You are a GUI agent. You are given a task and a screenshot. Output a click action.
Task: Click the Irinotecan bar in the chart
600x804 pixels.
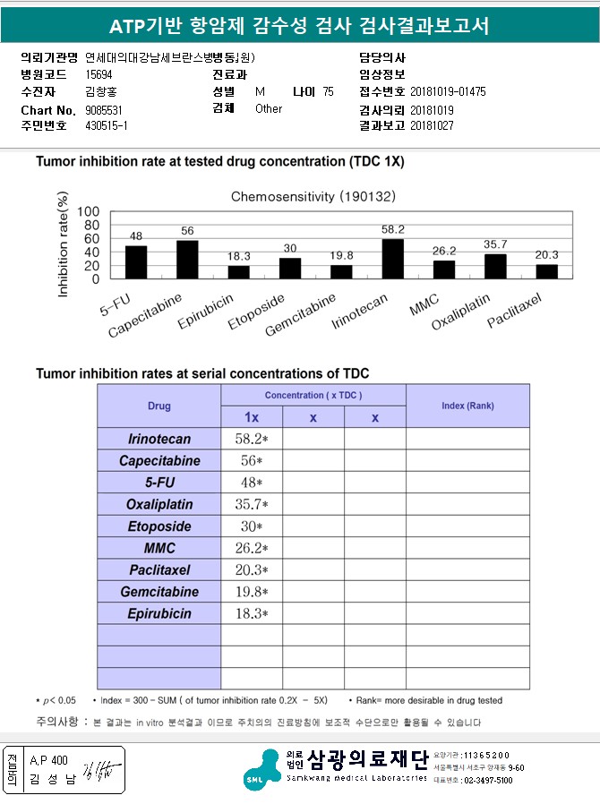click(x=392, y=259)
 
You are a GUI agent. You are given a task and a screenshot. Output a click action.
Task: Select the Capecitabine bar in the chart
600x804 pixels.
click(x=187, y=260)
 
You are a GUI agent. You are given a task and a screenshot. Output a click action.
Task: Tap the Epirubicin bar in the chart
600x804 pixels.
click(x=238, y=272)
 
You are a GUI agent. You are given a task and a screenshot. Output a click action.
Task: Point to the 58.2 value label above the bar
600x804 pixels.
click(x=392, y=230)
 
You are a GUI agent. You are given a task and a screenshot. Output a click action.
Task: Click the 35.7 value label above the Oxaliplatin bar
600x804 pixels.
click(x=495, y=244)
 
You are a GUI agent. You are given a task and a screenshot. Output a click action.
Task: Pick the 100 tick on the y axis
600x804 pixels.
click(x=89, y=212)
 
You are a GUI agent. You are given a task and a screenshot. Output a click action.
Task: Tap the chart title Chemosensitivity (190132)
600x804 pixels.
click(x=313, y=195)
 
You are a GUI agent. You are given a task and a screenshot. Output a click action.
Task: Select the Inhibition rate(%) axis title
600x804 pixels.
click(x=64, y=244)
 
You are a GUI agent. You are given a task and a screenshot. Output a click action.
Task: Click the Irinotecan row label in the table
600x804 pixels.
click(x=159, y=439)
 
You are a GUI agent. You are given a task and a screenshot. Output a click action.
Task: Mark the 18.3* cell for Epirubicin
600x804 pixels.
click(x=252, y=614)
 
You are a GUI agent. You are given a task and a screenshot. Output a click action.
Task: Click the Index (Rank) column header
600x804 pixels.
click(x=467, y=406)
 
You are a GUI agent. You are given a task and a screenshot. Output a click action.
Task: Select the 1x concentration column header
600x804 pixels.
click(x=252, y=417)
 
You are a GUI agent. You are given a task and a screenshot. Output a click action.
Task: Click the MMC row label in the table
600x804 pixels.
click(x=159, y=548)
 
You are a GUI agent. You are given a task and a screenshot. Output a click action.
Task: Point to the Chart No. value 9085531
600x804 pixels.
click(x=104, y=109)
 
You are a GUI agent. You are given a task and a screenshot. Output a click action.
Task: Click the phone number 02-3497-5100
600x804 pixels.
click(x=488, y=781)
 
